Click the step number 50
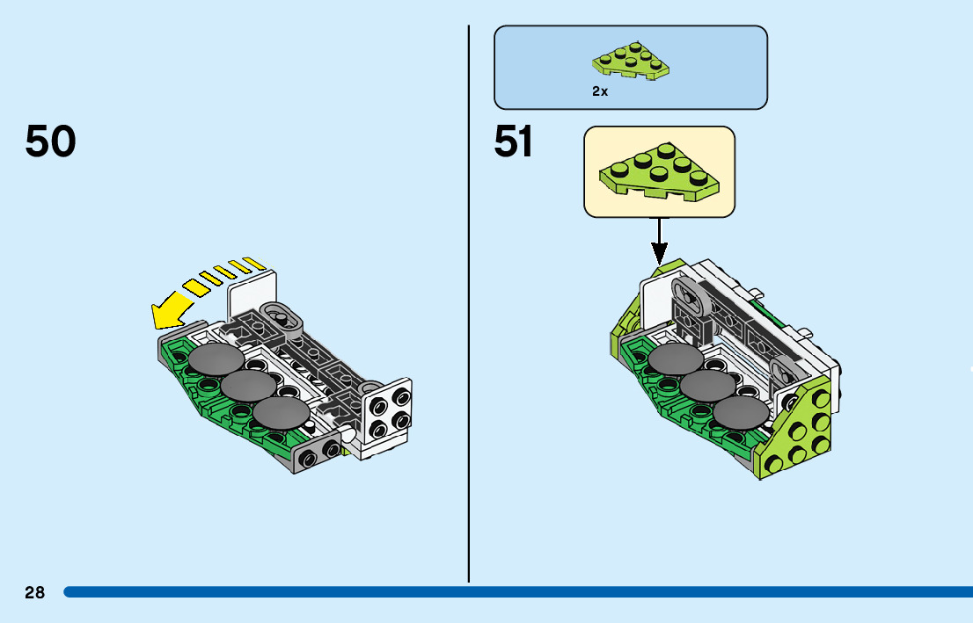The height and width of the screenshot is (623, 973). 51,141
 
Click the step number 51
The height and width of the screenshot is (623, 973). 514,141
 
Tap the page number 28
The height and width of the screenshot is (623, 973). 34,593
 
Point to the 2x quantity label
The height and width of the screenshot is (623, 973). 600,91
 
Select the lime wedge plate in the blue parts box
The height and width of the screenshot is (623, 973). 631,63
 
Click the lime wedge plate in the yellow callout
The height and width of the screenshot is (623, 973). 659,172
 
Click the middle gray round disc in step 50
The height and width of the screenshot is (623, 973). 248,385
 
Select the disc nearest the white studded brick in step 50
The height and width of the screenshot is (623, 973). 281,412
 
